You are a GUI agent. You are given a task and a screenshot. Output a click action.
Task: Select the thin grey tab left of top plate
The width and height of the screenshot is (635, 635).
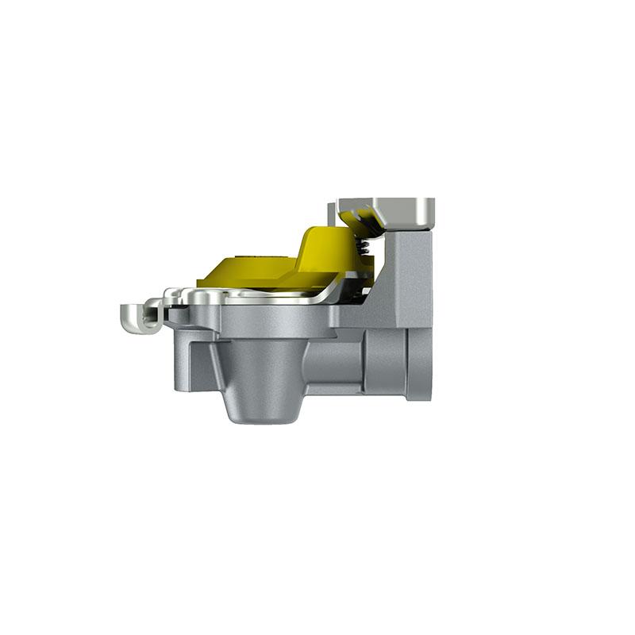click(x=332, y=213)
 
